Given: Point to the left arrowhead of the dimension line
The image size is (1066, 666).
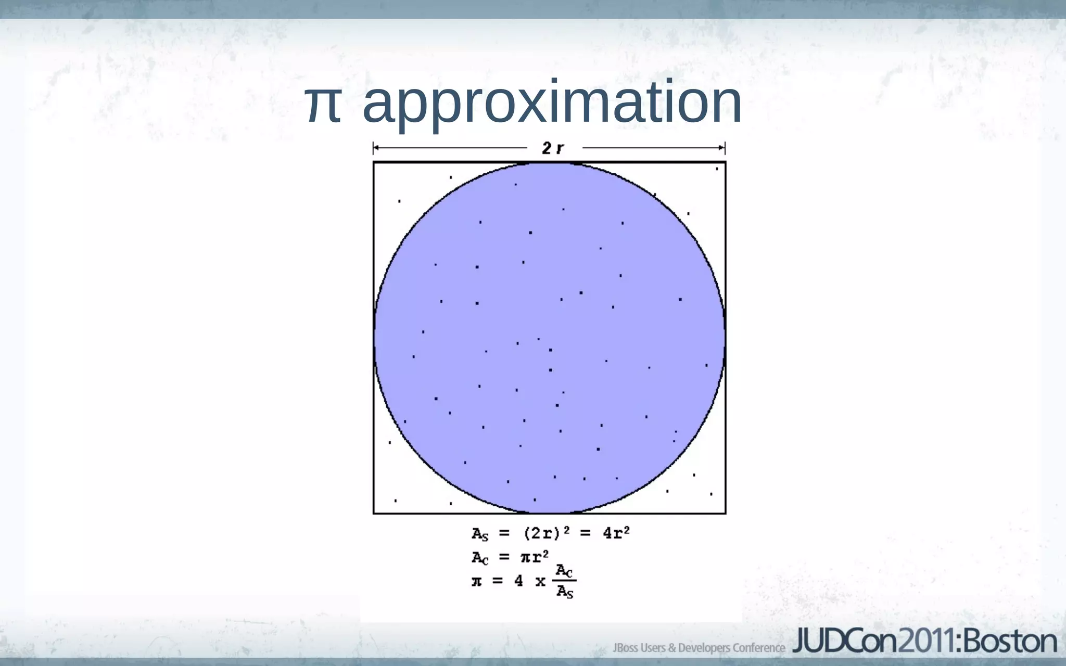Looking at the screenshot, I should [x=376, y=148].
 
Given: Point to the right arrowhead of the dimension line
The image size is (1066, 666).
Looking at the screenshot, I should [x=722, y=148].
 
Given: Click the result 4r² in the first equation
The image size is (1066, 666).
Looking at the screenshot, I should [x=616, y=533].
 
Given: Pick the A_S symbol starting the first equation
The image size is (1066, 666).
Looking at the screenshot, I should [x=480, y=534].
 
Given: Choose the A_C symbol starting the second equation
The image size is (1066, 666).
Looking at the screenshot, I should [x=480, y=558].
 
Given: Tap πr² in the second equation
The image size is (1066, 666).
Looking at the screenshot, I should [x=535, y=557].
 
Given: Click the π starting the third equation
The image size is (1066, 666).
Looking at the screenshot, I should [x=477, y=581].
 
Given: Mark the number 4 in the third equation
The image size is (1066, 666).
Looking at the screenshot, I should [x=518, y=581].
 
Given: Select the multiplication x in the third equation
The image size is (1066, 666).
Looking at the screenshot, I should [x=540, y=582].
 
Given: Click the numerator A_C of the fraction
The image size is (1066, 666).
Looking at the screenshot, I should [x=564, y=571].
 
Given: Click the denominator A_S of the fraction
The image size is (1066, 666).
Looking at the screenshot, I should [x=564, y=592].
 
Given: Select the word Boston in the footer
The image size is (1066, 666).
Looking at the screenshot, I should [x=1010, y=642].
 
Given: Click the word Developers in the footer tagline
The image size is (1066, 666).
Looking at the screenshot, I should [x=703, y=648].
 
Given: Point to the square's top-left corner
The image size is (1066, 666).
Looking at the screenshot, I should [x=374, y=162].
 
